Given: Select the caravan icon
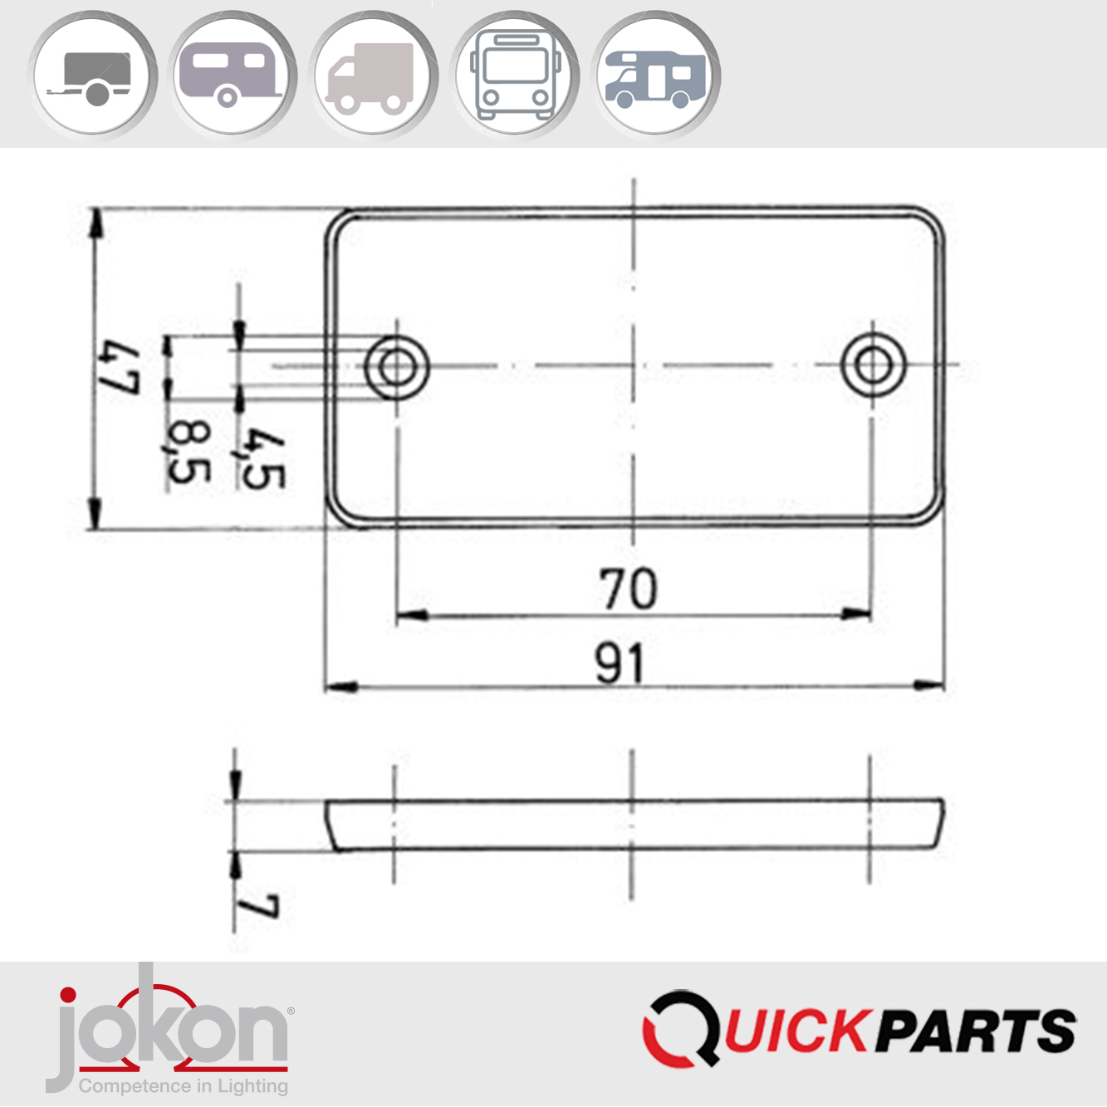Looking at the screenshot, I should click(233, 76).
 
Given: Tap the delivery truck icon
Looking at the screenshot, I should click(373, 76).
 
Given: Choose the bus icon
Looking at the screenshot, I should click(514, 76).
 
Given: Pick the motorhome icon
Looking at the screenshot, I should click(655, 76).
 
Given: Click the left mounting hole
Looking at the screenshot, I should click(396, 366).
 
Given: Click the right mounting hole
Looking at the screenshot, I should click(872, 365).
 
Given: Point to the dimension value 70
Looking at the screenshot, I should click(629, 589).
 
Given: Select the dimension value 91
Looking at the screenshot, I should click(620, 664).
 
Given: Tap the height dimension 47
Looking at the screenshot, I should click(118, 366).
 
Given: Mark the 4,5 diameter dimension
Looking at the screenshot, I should click(262, 458).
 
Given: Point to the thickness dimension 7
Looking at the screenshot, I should click(257, 906).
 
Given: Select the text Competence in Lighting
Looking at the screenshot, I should click(184, 1086).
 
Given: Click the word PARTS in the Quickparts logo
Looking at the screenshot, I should click(976, 1031).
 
